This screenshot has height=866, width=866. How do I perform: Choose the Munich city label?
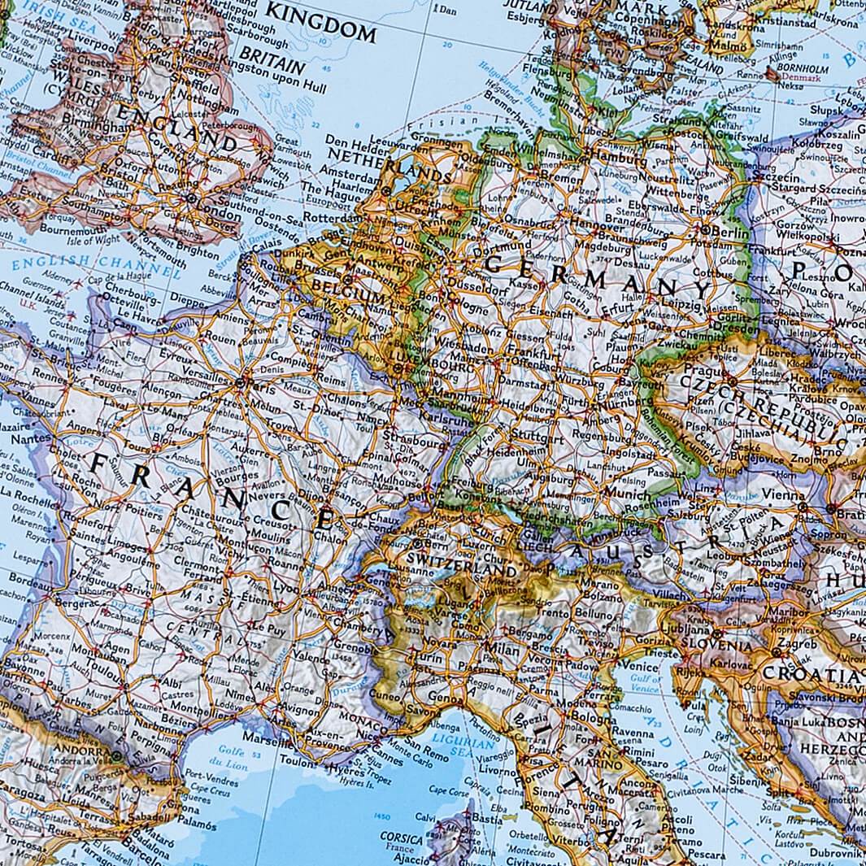click(x=628, y=494)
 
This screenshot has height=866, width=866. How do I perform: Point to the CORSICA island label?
click(x=402, y=838)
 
